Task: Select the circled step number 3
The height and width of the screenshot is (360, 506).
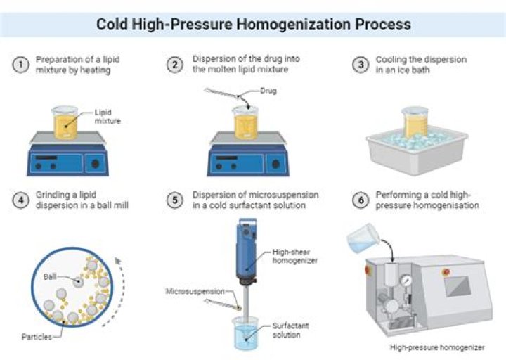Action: coord(360,65)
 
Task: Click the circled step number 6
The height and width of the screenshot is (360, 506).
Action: coord(360,200)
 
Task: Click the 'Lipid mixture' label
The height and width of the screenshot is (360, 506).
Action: coord(107,116)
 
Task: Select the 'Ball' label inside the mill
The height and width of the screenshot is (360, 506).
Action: coord(51,276)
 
